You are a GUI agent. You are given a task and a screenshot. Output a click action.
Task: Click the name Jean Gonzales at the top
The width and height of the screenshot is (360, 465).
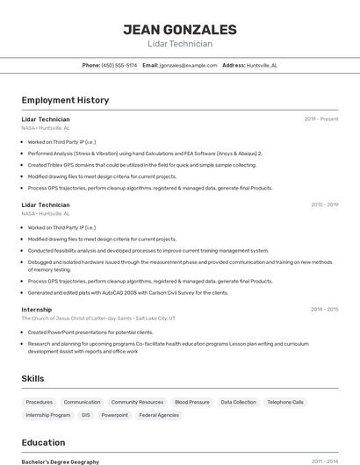point(180,29)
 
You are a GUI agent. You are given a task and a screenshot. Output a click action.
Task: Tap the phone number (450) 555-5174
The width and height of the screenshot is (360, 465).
point(119,65)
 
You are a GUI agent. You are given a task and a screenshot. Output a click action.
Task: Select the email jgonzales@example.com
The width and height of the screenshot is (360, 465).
point(189,65)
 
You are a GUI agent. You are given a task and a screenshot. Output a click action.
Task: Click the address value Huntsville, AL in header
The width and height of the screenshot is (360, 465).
point(262,65)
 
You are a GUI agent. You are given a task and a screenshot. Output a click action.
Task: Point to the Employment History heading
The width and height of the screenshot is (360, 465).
point(65,100)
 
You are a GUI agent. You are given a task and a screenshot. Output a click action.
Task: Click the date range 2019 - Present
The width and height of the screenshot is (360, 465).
point(320,119)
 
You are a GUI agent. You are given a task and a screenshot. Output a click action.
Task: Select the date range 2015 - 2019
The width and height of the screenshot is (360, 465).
point(324,204)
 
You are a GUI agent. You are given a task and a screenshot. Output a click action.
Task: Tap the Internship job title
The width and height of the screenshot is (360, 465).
point(37,309)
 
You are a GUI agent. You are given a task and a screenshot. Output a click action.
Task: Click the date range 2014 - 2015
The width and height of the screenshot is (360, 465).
point(324,309)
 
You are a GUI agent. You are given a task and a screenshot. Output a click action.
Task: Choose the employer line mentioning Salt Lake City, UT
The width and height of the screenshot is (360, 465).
point(98,318)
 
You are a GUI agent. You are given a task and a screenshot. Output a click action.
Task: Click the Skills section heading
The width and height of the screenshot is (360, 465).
point(33,378)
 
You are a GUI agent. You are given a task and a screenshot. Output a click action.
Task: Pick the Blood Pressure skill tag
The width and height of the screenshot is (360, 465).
point(191,402)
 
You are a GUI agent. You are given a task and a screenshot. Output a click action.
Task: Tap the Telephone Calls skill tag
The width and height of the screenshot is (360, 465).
point(285,402)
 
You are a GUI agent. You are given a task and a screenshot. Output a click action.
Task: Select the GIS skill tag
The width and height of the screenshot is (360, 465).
point(85,415)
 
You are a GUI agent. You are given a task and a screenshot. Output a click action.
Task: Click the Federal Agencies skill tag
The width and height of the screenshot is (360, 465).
point(159,415)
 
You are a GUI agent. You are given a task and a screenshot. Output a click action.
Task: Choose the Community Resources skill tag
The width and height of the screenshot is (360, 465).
point(137,402)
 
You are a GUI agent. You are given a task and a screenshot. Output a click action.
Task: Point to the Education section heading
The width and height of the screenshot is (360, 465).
point(43,442)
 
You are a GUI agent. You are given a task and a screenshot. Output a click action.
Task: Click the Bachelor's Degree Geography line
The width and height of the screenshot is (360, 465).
point(61,461)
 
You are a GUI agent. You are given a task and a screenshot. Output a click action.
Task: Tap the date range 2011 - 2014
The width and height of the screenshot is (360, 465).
point(324,461)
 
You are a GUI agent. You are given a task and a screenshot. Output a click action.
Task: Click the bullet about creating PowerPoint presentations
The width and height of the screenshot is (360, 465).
point(90,333)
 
